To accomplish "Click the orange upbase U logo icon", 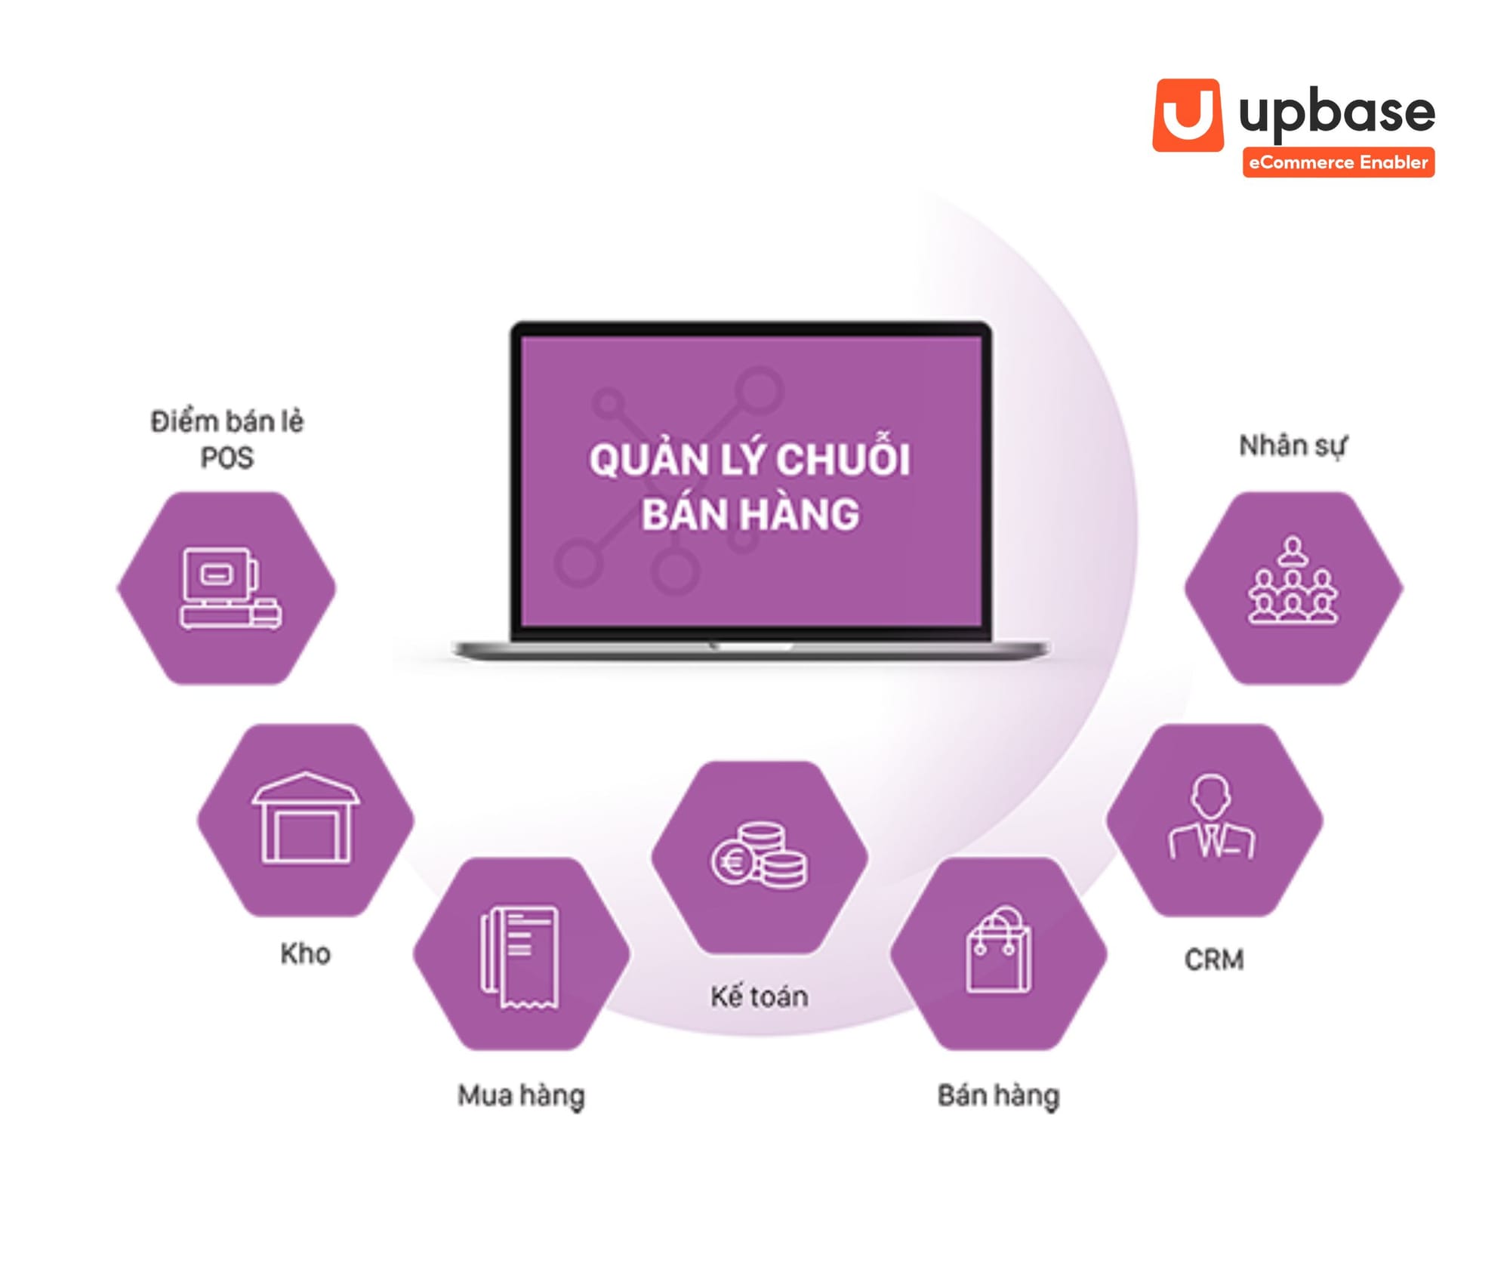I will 1187,116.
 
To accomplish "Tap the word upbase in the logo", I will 1336,113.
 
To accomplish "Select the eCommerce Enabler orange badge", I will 1338,162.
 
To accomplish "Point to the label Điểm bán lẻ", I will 226,421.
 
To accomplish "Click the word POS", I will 226,457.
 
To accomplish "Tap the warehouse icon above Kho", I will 305,819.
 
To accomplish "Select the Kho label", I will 305,953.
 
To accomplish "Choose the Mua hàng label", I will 521,1095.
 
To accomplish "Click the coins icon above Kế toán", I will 759,857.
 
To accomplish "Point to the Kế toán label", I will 759,996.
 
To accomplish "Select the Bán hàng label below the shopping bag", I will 998,1095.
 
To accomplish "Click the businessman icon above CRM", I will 1213,819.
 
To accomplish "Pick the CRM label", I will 1213,960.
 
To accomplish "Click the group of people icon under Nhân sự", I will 1293,581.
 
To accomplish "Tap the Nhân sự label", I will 1293,445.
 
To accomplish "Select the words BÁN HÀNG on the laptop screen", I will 750,514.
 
